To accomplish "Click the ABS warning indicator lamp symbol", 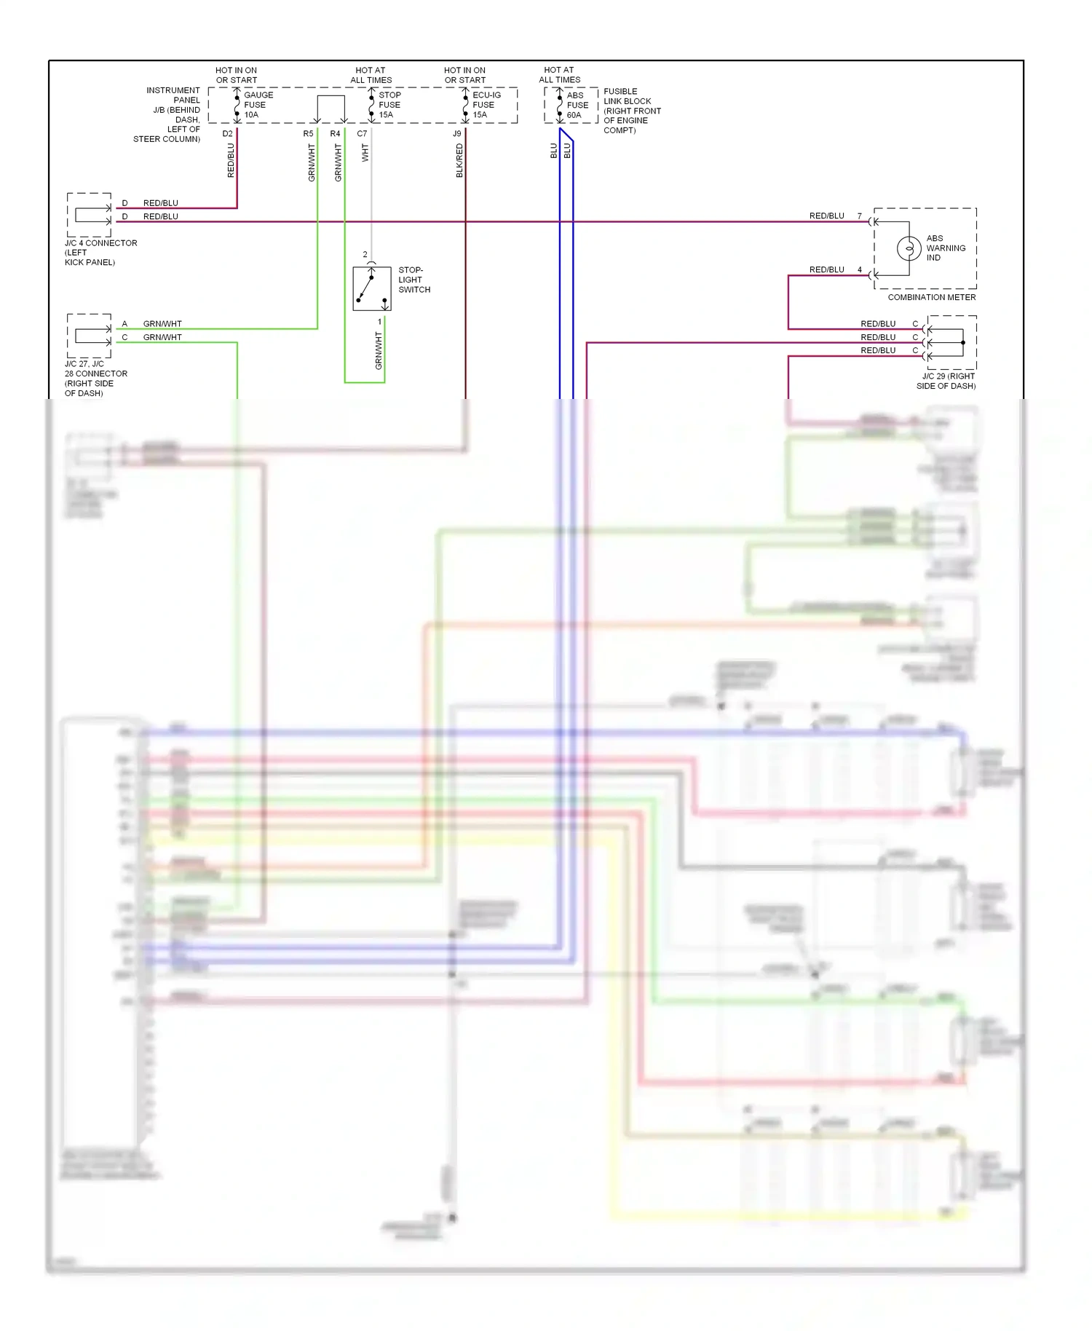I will click(x=909, y=248).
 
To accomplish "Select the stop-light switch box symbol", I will click(x=372, y=289).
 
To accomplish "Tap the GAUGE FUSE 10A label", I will click(x=258, y=105).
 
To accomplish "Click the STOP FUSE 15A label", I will click(x=389, y=105).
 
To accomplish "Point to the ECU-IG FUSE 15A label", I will click(x=486, y=105).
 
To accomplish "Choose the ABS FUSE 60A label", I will click(x=577, y=105).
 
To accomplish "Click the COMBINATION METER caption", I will click(x=931, y=297).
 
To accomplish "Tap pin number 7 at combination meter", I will click(x=859, y=216).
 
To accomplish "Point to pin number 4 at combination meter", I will click(x=859, y=270).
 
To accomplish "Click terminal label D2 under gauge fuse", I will click(x=227, y=134).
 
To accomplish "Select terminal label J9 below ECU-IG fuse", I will click(x=456, y=134).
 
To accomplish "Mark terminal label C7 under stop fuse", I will click(x=362, y=134).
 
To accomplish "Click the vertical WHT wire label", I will click(x=365, y=153).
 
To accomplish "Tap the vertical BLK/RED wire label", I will click(x=459, y=160).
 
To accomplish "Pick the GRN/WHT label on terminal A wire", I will click(x=162, y=324).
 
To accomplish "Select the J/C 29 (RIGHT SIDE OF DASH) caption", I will click(x=946, y=381).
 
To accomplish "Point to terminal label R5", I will click(x=308, y=134).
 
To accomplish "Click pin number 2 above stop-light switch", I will click(x=365, y=255).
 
